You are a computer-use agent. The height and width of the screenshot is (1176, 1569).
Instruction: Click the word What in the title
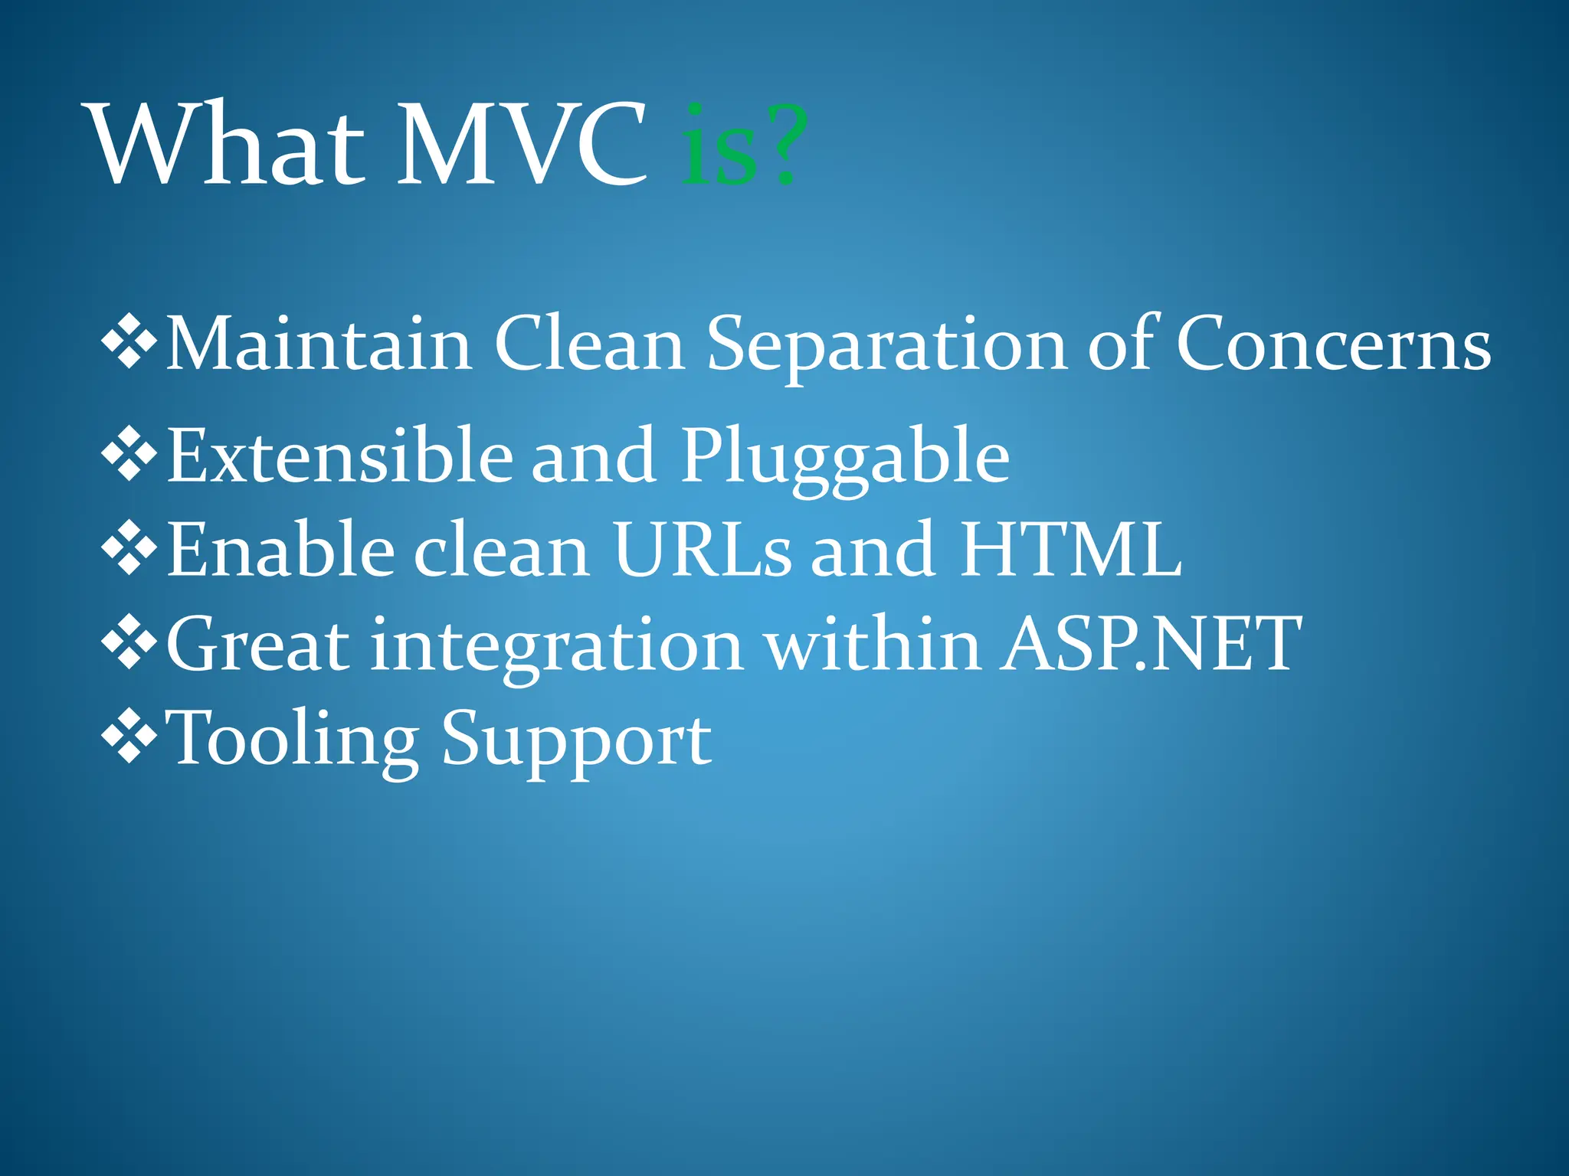[227, 145]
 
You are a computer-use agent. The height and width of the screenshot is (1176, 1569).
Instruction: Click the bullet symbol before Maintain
[129, 342]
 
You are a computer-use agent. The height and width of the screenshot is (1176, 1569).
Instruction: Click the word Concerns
[1333, 345]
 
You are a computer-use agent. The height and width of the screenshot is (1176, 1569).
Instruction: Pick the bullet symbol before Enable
[129, 548]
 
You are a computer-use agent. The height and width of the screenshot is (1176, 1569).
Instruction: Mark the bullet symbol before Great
[129, 643]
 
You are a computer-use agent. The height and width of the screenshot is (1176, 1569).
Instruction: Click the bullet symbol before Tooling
[129, 737]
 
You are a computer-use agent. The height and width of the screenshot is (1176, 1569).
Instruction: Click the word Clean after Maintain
[589, 345]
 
